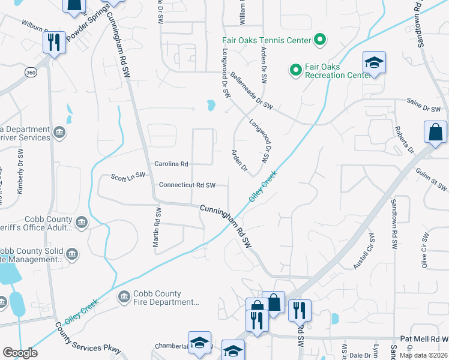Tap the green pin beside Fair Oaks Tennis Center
321,40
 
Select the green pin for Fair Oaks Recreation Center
295,70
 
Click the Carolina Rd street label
172,164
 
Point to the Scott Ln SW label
128,176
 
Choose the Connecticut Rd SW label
187,185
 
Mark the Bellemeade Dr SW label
252,91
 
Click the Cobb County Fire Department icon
124,296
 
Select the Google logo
20,353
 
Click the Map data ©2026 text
423,355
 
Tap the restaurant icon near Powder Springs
53,42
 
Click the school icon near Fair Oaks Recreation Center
373,62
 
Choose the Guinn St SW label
431,179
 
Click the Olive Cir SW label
424,252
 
